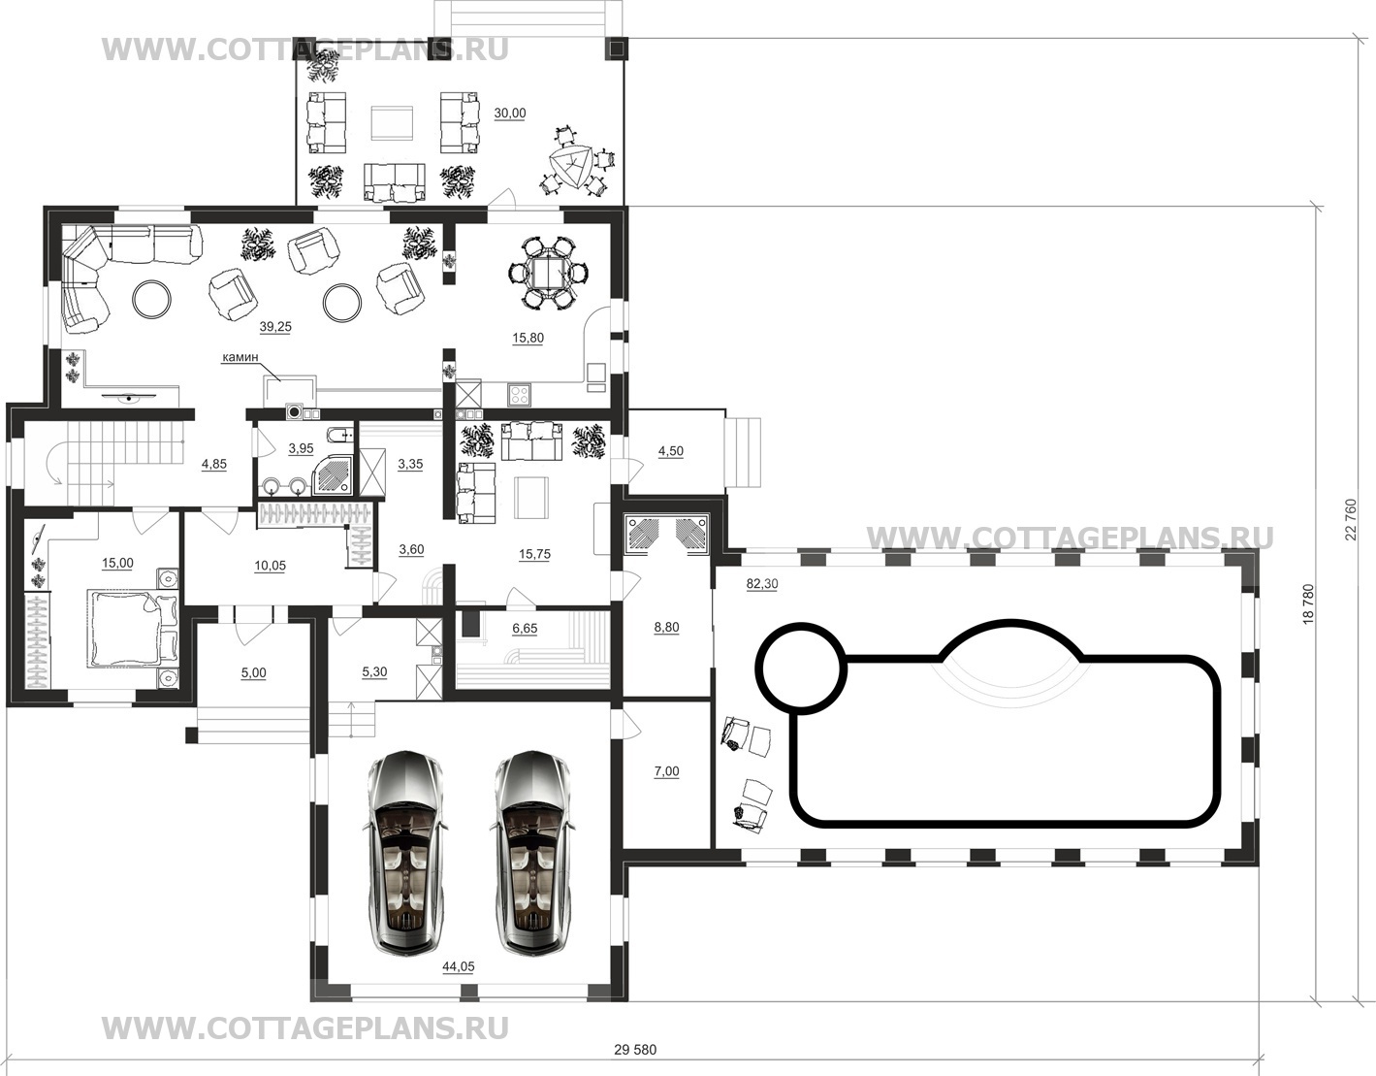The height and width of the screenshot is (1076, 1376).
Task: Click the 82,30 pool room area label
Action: [762, 584]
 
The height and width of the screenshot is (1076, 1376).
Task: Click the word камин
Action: [240, 357]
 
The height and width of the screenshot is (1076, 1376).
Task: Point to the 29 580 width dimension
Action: [635, 1050]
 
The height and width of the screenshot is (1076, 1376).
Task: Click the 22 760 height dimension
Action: [1351, 520]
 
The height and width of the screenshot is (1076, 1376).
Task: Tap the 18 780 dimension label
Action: [1308, 604]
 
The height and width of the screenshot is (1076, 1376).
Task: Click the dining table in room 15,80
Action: [550, 274]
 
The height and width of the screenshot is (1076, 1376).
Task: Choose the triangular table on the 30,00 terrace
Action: [572, 167]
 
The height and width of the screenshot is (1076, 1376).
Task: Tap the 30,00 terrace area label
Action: [510, 114]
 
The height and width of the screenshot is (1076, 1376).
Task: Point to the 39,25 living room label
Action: [275, 327]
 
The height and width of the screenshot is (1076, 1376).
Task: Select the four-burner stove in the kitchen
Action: [519, 395]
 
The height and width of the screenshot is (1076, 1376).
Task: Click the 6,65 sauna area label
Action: [525, 629]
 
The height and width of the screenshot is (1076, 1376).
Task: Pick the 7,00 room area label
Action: [667, 771]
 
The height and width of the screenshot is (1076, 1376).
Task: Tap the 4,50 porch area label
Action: [671, 451]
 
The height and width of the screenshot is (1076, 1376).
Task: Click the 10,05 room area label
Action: [270, 566]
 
